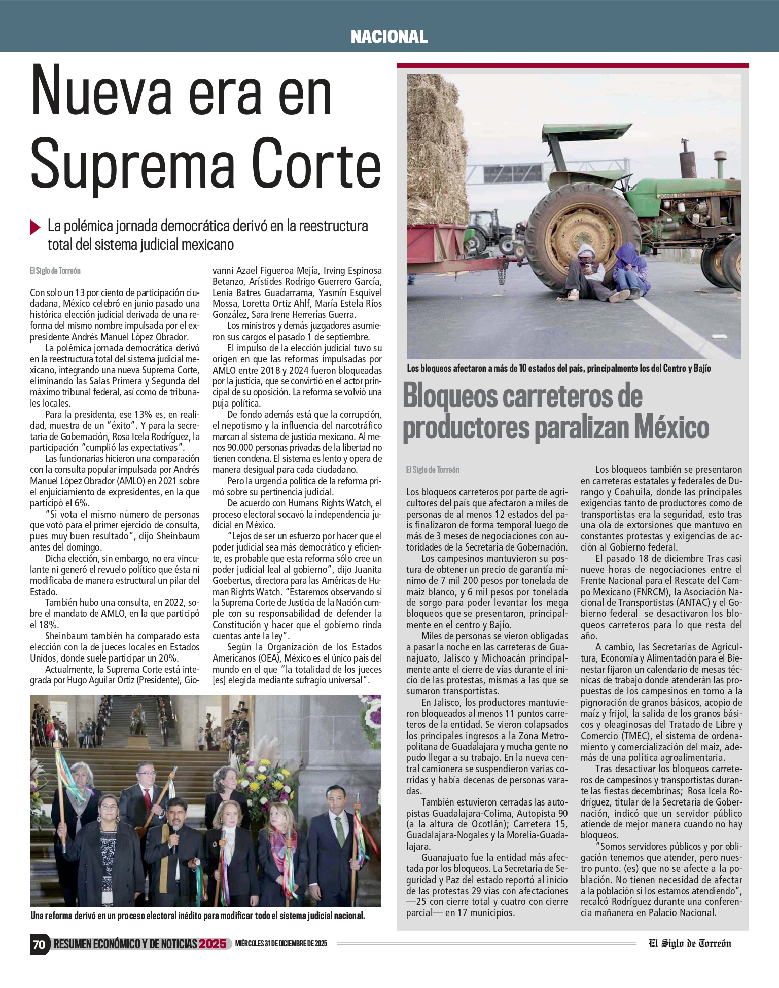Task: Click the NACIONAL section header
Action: coord(389,36)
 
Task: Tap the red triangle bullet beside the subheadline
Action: coord(35,227)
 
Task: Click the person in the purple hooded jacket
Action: coord(630,271)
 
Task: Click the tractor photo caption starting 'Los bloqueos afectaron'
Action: coord(558,369)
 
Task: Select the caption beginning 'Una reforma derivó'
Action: coord(198,916)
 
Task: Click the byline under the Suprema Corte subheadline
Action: coord(55,271)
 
